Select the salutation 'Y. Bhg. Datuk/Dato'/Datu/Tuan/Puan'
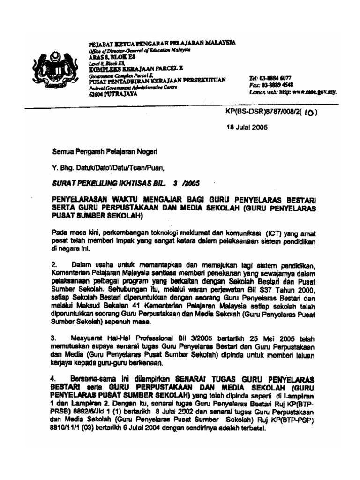108,166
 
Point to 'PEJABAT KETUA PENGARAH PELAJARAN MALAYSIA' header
162,43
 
